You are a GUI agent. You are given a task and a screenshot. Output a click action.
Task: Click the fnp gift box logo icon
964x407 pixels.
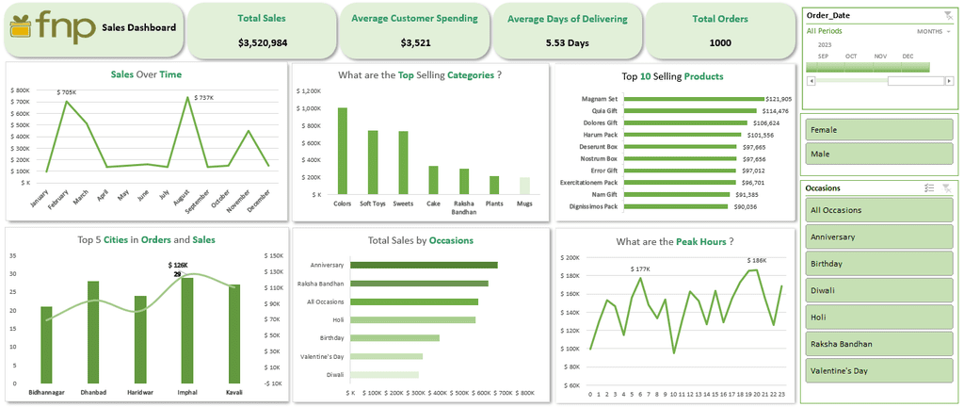(x=24, y=27)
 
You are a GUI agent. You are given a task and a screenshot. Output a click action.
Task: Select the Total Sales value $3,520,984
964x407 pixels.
(x=262, y=43)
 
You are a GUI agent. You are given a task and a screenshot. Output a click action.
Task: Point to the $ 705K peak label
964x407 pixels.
(x=66, y=92)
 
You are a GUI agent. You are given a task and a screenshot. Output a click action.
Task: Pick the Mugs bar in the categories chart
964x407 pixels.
(x=523, y=186)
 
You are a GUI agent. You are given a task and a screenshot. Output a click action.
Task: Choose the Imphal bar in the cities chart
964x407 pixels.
(x=187, y=330)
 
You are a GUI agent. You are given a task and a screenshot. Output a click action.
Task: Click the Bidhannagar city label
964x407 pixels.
(x=46, y=391)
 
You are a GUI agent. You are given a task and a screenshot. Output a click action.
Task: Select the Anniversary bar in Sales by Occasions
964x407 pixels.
(x=424, y=266)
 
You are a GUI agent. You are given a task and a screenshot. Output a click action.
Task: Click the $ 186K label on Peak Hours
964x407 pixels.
(x=757, y=260)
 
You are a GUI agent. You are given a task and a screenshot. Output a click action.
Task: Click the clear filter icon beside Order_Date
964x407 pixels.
(x=947, y=14)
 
